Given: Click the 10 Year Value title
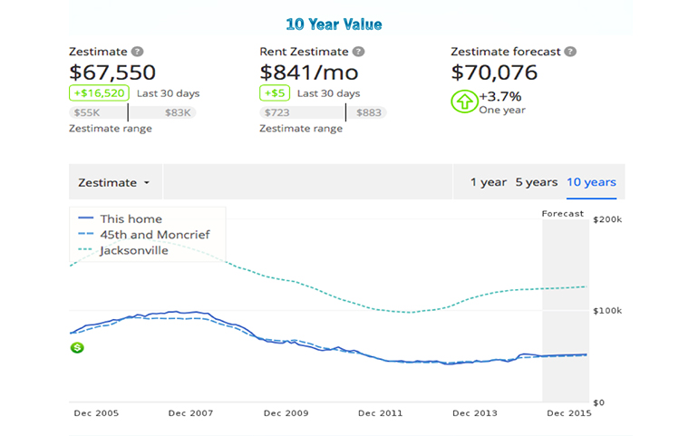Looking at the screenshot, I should coord(334,24).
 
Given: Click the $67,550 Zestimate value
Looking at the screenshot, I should coord(112,73).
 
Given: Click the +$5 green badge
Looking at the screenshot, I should coord(274,93).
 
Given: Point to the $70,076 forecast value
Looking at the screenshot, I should coord(494,73).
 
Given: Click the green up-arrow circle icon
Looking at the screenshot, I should coord(464,101).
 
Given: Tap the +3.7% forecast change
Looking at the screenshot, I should coord(500,96).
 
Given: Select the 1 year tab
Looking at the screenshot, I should coord(488,182).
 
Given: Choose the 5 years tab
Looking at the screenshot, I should coord(536,182).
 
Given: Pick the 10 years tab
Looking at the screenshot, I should coord(591,182).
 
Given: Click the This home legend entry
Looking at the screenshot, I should coord(131,218).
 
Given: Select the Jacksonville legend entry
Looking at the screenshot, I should coord(134,250).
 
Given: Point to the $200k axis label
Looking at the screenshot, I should coord(606,220).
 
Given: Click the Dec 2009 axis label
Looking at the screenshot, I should coord(286,413).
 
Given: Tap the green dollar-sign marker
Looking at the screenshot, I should coord(78,347).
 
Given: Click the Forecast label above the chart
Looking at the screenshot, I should coord(563,214).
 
